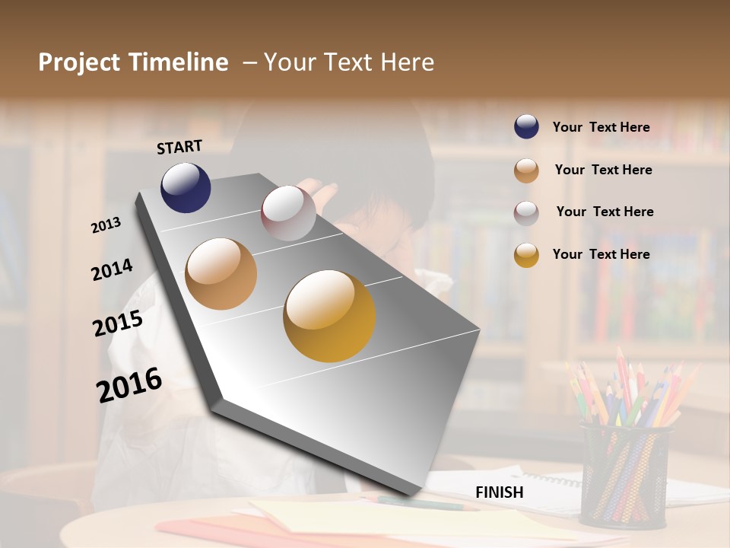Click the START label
tap(179, 147)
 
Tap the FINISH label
tap(500, 492)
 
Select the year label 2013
tap(106, 225)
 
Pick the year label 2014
tap(113, 269)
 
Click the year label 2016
tap(129, 384)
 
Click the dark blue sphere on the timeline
tap(186, 187)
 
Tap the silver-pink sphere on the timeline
tap(288, 213)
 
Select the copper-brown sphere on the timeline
tap(221, 274)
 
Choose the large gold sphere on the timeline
tap(329, 316)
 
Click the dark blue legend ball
tap(526, 126)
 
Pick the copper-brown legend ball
tap(526, 170)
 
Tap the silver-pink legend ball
tap(526, 213)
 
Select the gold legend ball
tap(526, 255)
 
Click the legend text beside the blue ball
tap(601, 128)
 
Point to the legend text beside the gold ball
tap(601, 254)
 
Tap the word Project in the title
tap(80, 62)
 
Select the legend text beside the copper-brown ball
tap(604, 170)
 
